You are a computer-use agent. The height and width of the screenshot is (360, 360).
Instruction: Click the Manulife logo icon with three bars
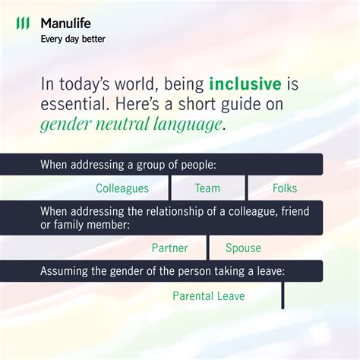tap(24, 24)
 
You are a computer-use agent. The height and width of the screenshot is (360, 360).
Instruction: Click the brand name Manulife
tap(65, 24)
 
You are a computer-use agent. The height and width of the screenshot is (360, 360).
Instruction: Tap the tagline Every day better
tap(73, 39)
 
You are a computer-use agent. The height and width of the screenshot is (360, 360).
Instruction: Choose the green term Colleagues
tap(122, 188)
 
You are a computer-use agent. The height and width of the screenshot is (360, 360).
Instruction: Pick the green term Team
tap(207, 188)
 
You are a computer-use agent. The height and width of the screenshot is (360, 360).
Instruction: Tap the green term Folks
tap(284, 188)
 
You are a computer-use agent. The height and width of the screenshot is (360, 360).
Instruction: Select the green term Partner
tap(169, 248)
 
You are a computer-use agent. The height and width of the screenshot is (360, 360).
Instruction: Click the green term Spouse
tap(243, 248)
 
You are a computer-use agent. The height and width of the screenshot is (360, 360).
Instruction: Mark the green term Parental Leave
tap(209, 295)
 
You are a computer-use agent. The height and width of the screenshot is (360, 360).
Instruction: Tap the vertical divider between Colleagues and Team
tap(170, 188)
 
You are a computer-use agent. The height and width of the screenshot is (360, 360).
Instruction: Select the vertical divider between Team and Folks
tap(246, 188)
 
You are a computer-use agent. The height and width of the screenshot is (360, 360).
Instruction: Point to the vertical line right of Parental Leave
tap(283, 295)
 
